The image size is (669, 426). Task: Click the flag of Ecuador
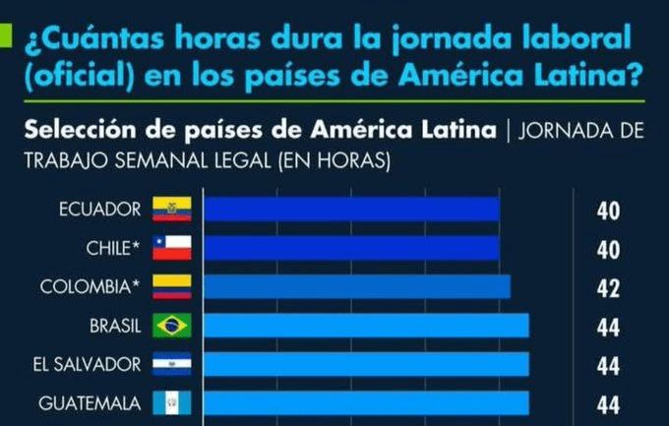pyautogui.click(x=171, y=210)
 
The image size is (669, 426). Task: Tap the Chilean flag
pyautogui.click(x=171, y=248)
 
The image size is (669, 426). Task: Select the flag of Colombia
pyautogui.click(x=171, y=286)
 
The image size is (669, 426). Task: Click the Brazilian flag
pyautogui.click(x=171, y=326)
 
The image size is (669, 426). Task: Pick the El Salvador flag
pyautogui.click(x=171, y=365)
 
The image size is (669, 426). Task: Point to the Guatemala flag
pyautogui.click(x=171, y=403)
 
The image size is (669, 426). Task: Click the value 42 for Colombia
pyautogui.click(x=608, y=287)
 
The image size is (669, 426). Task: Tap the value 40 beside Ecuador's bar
pyautogui.click(x=608, y=211)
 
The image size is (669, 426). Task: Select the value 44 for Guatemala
pyautogui.click(x=608, y=403)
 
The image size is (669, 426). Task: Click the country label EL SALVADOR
pyautogui.click(x=88, y=365)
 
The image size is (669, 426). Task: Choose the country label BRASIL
pyautogui.click(x=114, y=326)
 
